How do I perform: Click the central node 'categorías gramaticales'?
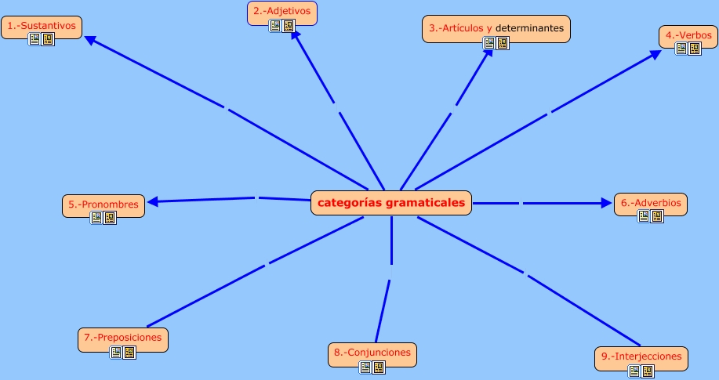[x=391, y=203]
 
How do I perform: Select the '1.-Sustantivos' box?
[x=42, y=27]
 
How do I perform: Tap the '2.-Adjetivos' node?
[x=282, y=13]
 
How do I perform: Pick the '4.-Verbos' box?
[x=688, y=37]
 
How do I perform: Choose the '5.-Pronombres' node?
[x=103, y=206]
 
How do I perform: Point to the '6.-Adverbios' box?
[x=651, y=204]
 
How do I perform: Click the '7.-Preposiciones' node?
[x=123, y=340]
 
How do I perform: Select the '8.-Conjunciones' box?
[x=372, y=355]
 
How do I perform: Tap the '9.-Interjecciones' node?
[x=641, y=359]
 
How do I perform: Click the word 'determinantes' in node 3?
[x=529, y=28]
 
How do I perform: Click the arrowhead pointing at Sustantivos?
[x=90, y=40]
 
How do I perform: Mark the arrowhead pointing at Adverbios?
[x=606, y=203]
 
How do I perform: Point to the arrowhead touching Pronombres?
[x=152, y=201]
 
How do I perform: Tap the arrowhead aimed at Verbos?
[x=655, y=55]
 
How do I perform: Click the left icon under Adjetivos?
[x=275, y=26]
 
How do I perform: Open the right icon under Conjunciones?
[x=379, y=367]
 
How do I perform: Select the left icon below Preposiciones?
[x=116, y=353]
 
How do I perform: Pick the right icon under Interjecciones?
[x=648, y=371]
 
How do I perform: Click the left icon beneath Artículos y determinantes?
[x=489, y=43]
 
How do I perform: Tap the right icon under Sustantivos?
[x=48, y=39]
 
